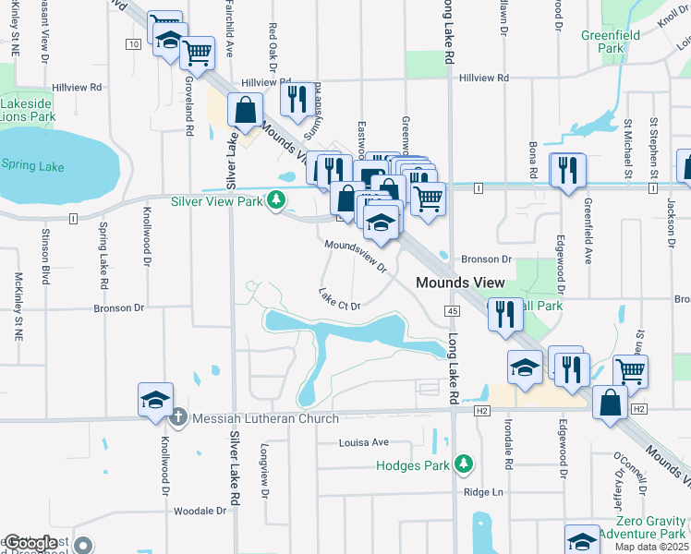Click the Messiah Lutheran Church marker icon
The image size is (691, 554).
pyautogui.click(x=180, y=418)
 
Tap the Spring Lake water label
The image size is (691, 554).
pyautogui.click(x=33, y=166)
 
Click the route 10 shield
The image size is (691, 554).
pyautogui.click(x=134, y=43)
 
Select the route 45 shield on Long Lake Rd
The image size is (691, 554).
pyautogui.click(x=452, y=312)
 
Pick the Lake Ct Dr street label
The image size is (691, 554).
pyautogui.click(x=338, y=300)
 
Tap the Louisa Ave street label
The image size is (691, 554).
pyautogui.click(x=363, y=443)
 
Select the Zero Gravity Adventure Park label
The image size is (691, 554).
pyautogui.click(x=642, y=527)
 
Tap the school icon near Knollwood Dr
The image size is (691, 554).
pyautogui.click(x=156, y=400)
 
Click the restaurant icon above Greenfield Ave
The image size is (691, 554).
pyautogui.click(x=567, y=171)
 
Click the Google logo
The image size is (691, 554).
pyautogui.click(x=30, y=543)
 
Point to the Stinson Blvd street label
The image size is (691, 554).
pyautogui.click(x=45, y=260)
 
